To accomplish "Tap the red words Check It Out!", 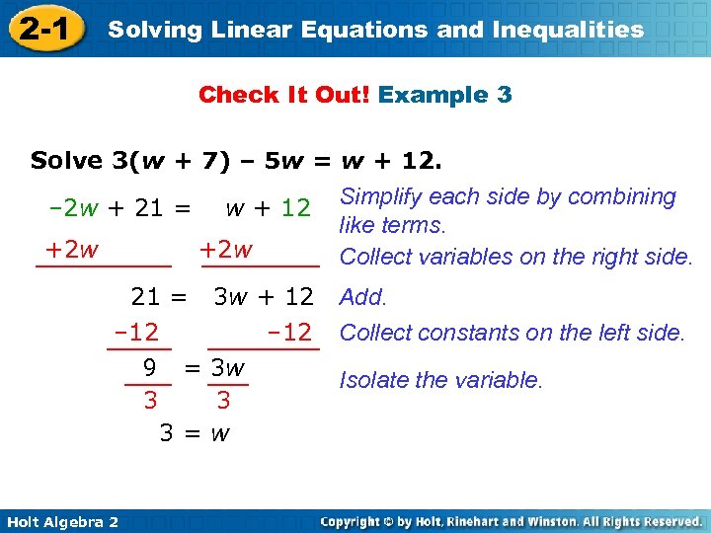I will pos(284,95).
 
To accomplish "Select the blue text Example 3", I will pos(444,95).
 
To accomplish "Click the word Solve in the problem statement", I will pos(66,160).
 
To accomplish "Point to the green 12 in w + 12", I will pos(296,208).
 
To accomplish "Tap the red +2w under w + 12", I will pos(226,250).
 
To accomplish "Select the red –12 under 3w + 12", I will pos(288,332).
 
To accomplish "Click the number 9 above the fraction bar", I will pos(149,368).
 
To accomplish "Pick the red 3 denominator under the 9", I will pos(150,401).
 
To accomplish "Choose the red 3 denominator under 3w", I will pos(223,401).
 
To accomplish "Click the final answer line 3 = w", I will pos(195,432).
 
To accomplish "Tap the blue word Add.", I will pos(363,297).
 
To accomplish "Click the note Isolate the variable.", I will pos(441,379).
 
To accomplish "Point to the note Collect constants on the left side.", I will pos(512,333).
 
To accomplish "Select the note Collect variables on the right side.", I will pos(516,257).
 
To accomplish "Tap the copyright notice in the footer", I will pos(511,520).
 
